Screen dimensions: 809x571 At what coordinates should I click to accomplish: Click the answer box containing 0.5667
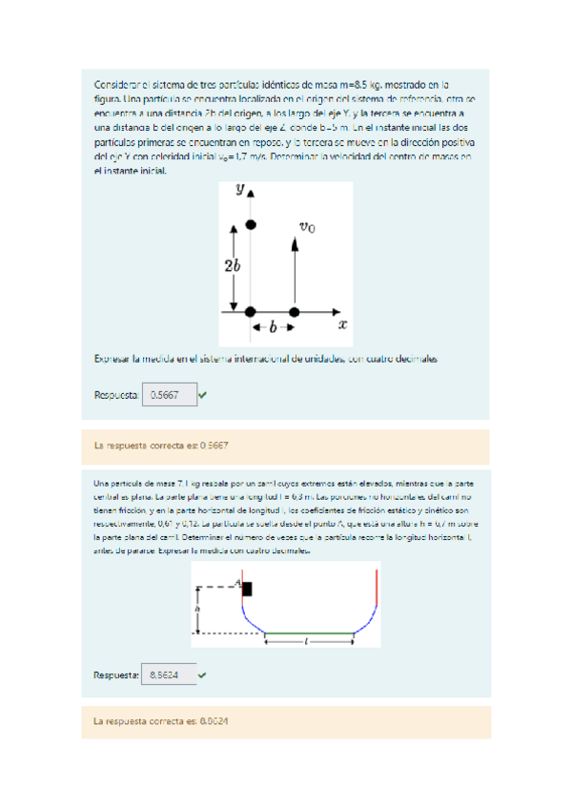[x=169, y=394]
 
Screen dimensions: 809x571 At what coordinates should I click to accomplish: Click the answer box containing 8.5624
[x=169, y=674]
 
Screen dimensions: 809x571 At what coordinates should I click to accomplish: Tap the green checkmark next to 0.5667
[x=204, y=394]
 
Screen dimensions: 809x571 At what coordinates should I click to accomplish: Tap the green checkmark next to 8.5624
[x=203, y=674]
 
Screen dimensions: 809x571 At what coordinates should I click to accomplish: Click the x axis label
[x=342, y=324]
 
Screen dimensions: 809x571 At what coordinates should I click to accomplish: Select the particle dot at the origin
[x=251, y=312]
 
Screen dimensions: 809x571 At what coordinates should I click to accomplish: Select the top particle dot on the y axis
[x=251, y=224]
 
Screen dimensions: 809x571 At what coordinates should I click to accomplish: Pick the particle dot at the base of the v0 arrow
[x=294, y=312]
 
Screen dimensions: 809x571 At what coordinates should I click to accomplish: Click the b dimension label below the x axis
[x=273, y=327]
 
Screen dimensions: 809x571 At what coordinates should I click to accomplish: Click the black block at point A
[x=247, y=589]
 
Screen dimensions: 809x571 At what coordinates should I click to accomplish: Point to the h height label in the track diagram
[x=196, y=608]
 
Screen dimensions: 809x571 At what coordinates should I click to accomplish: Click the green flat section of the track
[x=309, y=633]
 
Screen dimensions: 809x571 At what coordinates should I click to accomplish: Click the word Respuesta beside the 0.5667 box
[x=116, y=394]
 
